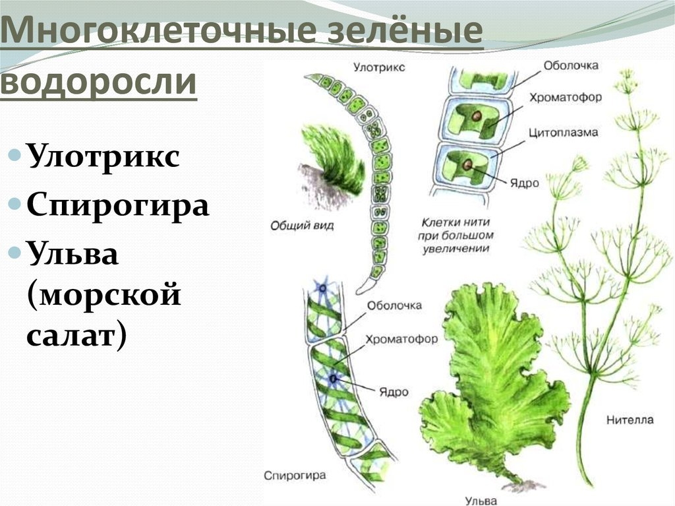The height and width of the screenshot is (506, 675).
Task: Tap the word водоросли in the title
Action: [x=99, y=81]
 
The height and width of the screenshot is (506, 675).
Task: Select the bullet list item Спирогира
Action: [x=117, y=206]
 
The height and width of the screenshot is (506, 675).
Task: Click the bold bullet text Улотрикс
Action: [x=103, y=156]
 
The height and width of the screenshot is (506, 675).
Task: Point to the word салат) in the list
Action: [x=76, y=335]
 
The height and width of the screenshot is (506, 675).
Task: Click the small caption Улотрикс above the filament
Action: [x=379, y=67]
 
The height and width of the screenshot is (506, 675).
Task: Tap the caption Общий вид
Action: [x=302, y=225]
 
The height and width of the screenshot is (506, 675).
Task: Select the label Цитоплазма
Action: [x=563, y=132]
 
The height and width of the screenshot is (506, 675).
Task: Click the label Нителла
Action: [x=630, y=420]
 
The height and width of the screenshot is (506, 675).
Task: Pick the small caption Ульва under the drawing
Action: [x=481, y=501]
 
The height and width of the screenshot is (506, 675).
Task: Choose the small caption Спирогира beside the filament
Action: [x=295, y=476]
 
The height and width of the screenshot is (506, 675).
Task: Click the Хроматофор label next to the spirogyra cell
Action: [x=401, y=339]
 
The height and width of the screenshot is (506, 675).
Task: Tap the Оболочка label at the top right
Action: [x=571, y=65]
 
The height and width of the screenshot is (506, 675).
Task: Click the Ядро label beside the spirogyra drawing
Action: [x=394, y=392]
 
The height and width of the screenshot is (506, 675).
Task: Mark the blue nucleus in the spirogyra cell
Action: [x=334, y=379]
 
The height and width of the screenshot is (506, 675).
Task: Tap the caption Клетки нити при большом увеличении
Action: [x=456, y=236]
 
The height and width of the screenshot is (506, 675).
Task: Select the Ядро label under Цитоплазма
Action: [x=524, y=183]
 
